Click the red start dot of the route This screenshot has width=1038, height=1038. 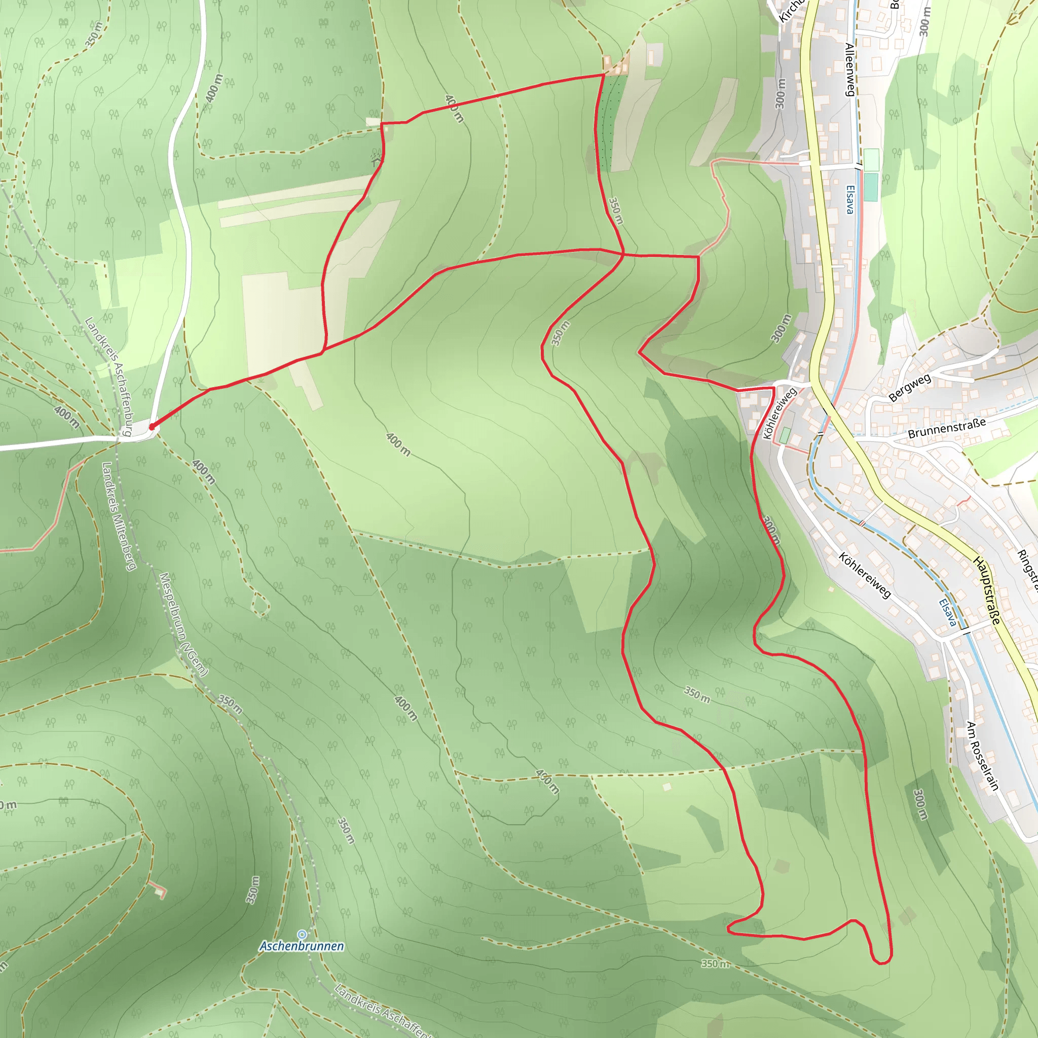coord(152,427)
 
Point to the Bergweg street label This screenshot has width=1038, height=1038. coord(910,387)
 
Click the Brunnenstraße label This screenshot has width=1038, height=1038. coord(947,428)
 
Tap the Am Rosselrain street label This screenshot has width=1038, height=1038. coord(983,756)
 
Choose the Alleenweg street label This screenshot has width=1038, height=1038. coord(850,70)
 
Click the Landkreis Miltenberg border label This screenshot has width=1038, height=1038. coord(119,516)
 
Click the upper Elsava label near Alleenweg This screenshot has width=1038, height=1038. coord(849,199)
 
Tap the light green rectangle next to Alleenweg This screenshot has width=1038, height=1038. coord(871,160)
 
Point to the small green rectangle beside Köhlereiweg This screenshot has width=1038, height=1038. coord(785,435)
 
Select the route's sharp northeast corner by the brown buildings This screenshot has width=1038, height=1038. coord(604,75)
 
